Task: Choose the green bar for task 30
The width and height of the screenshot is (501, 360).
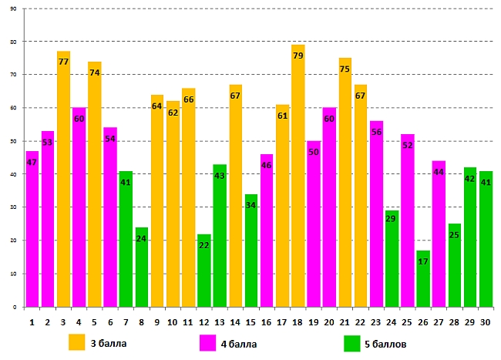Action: [486, 239]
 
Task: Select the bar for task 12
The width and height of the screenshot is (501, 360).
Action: [204, 271]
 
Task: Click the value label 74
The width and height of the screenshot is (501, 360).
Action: [95, 73]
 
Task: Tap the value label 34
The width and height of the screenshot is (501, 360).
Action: [250, 206]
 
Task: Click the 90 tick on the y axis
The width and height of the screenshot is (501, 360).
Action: [14, 8]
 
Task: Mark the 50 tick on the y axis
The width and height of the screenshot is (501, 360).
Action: [14, 141]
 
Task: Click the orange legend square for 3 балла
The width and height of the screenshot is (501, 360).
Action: [76, 341]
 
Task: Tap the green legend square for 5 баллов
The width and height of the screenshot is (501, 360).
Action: [352, 341]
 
